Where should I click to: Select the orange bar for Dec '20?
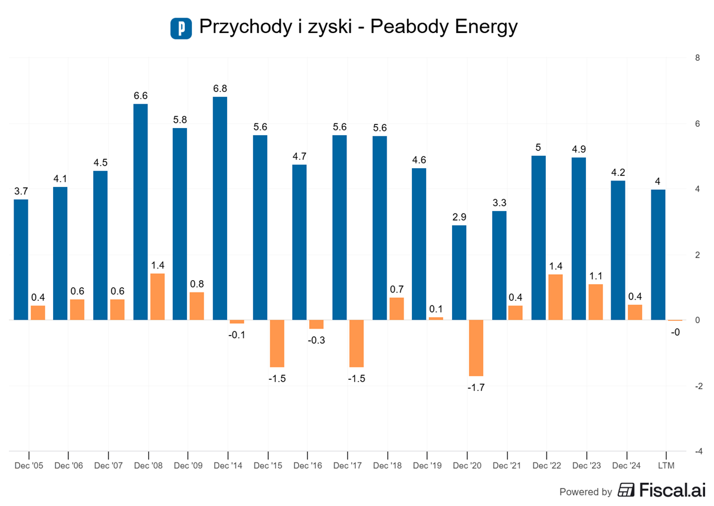[x=476, y=348]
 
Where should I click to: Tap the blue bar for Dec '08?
[x=140, y=212]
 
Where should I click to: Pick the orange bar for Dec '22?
[x=555, y=297]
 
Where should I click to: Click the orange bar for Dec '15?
[x=277, y=344]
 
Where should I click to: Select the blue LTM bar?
[x=658, y=255]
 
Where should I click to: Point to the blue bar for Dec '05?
[x=21, y=259]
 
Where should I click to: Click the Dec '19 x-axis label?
[x=427, y=465]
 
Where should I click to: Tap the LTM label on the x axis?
[x=666, y=465]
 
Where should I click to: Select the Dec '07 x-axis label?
[x=109, y=465]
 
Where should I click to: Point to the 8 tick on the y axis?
[x=697, y=58]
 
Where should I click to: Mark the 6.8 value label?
[x=220, y=88]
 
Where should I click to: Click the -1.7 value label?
[x=476, y=387]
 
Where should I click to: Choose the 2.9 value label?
[x=459, y=217]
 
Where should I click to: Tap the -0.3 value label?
[x=316, y=340]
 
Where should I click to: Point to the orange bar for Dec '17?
[x=356, y=344]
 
